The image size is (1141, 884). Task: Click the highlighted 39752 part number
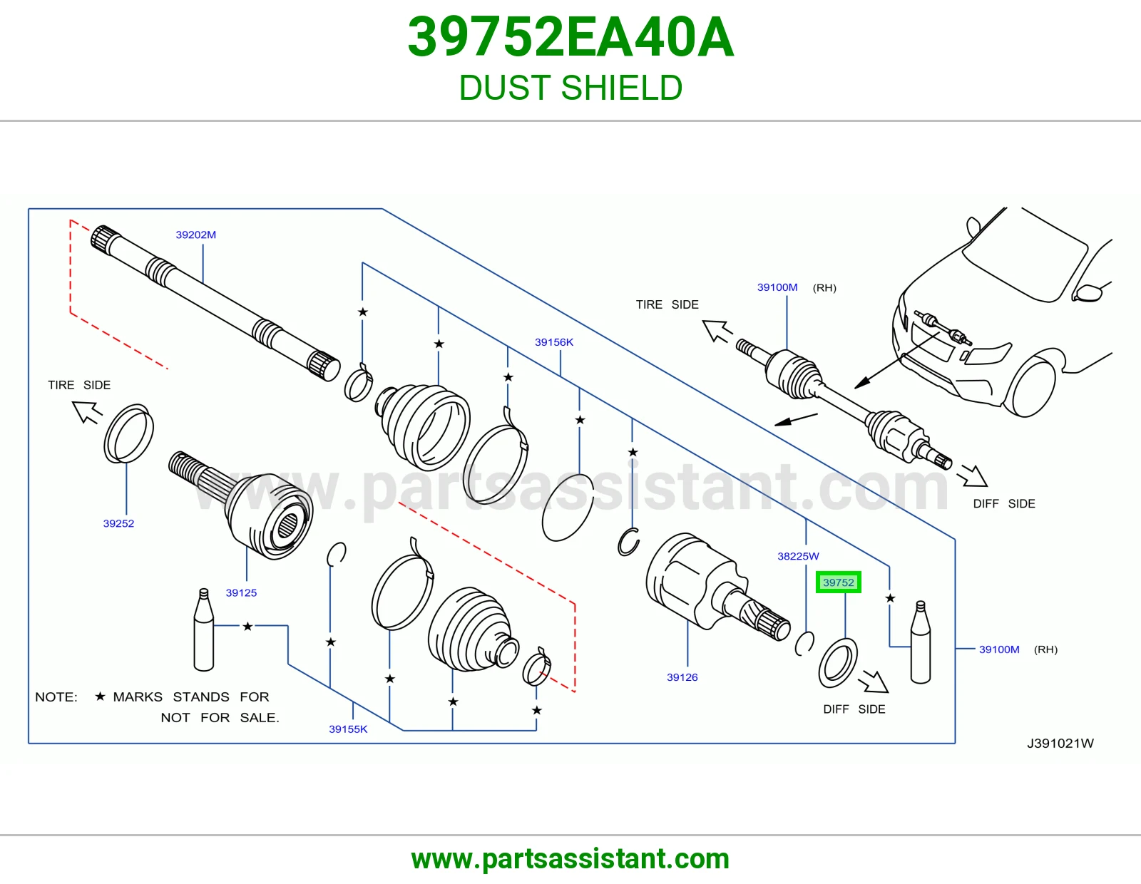(838, 582)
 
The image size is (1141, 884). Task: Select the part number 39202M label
(196, 235)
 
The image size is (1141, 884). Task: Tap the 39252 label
(118, 523)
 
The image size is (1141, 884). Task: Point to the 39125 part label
(241, 592)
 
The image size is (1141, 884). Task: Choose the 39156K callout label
(554, 342)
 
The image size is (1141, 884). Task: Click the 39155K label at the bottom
(348, 729)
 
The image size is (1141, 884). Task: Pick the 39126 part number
(682, 677)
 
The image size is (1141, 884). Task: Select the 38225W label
(798, 556)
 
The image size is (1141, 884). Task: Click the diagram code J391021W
(1060, 744)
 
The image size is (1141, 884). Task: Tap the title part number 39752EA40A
(570, 37)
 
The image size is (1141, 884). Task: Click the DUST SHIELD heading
(570, 88)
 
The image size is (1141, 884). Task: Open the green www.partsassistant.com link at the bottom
(570, 859)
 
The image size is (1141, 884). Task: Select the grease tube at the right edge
(921, 642)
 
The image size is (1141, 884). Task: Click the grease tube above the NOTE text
(204, 630)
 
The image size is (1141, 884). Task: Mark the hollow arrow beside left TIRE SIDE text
(86, 411)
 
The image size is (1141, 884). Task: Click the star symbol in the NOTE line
(101, 696)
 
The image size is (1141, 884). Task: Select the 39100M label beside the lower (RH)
(999, 649)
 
